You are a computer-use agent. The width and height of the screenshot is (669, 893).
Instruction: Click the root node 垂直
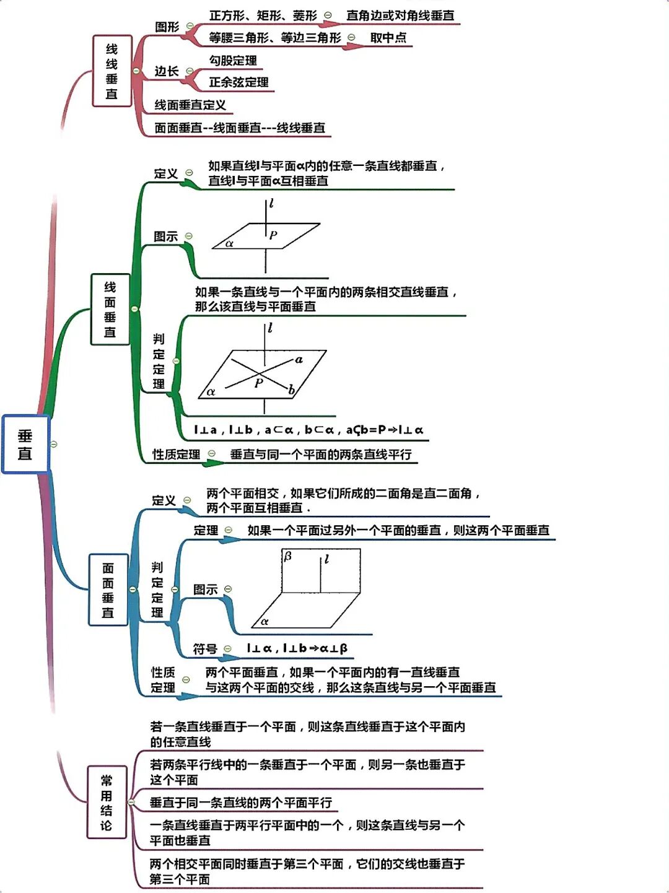point(25,444)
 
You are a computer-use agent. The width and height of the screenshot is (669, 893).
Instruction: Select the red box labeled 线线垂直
point(111,71)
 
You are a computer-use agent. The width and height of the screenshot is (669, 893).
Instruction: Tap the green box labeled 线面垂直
point(110,309)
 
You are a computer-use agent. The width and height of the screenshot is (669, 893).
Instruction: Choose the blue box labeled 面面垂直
point(108,590)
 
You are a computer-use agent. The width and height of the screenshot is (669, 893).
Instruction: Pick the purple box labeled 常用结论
point(107,803)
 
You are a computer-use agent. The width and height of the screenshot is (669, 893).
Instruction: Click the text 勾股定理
point(233,60)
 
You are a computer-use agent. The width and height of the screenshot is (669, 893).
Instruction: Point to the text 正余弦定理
point(238,82)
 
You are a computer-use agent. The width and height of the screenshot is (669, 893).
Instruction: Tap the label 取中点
point(388,37)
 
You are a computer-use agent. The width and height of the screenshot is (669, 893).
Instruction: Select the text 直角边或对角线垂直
point(400,15)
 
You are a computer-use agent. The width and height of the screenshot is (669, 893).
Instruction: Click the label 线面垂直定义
point(190,105)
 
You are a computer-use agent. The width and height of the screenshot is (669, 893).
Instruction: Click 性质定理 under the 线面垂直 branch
point(177,454)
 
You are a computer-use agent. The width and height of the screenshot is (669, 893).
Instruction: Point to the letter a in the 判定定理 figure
point(299,359)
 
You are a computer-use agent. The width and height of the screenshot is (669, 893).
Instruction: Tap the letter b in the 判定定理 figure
point(291,390)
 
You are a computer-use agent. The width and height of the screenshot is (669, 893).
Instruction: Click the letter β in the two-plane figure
point(287,556)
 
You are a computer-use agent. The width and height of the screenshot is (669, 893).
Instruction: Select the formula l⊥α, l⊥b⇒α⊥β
point(297,648)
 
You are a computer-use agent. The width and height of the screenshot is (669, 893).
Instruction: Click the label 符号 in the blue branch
point(204,648)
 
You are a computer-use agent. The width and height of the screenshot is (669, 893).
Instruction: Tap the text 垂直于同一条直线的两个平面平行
point(241,803)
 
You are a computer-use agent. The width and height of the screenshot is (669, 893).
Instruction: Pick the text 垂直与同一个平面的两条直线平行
point(321,454)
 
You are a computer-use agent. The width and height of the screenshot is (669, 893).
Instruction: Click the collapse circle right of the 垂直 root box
point(54,444)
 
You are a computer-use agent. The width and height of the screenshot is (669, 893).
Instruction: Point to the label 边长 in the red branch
point(167,71)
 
